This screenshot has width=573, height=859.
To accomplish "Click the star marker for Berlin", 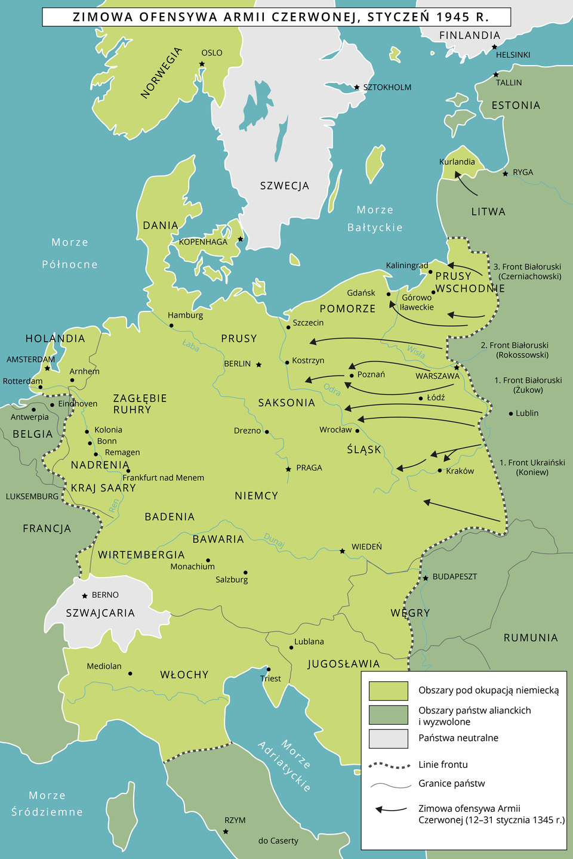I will [x=258, y=364].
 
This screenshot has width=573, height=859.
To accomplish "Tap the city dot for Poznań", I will [x=352, y=375].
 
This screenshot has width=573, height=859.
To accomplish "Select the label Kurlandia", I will [x=457, y=162].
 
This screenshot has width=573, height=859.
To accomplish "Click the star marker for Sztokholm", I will [x=357, y=87].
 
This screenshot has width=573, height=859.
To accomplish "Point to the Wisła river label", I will [x=416, y=352].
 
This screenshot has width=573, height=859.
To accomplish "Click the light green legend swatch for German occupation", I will [x=388, y=690].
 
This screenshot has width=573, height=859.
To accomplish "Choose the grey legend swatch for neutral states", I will [x=388, y=738].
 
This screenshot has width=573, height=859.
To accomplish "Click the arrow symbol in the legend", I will [x=390, y=809].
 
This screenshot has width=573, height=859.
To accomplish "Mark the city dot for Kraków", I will [x=440, y=471].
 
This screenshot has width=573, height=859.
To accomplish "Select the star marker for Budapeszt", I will [x=426, y=578].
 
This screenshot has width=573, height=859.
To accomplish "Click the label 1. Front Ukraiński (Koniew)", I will [x=532, y=467].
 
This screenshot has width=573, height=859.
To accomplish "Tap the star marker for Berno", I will [x=85, y=595].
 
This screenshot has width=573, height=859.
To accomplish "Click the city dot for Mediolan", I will [x=130, y=673].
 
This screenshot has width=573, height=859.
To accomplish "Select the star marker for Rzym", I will [x=226, y=831].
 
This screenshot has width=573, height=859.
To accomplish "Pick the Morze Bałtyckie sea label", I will [x=375, y=218].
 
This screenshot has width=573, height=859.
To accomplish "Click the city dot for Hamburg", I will [x=171, y=326].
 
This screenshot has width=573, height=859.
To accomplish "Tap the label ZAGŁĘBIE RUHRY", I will [x=140, y=404].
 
